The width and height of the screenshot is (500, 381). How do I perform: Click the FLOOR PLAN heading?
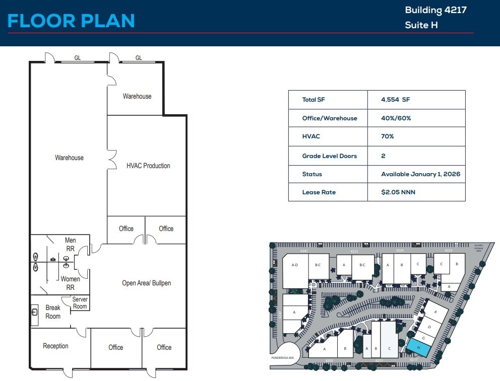tap(71, 21)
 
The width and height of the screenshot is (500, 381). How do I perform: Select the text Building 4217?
tap(435, 10)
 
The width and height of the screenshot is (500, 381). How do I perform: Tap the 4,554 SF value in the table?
tap(396, 100)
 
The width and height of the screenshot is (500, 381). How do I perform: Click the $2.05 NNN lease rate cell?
tap(398, 192)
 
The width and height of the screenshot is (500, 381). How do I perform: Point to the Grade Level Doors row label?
tap(329, 156)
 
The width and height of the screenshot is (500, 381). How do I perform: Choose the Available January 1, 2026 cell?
tap(420, 174)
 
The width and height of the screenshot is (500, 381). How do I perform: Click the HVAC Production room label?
tap(148, 166)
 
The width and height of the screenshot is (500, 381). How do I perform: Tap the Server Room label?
tap(80, 303)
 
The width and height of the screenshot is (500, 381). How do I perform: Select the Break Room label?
tap(53, 312)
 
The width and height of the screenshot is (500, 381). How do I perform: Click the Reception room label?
tap(55, 346)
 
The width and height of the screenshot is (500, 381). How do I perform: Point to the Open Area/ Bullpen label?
tap(146, 283)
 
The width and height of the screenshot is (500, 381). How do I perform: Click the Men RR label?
tap(71, 244)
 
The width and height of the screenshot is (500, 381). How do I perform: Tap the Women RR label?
tap(70, 283)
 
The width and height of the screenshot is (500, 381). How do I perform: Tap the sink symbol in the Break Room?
tap(35, 312)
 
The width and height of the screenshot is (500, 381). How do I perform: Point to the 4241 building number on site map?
tap(304, 250)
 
